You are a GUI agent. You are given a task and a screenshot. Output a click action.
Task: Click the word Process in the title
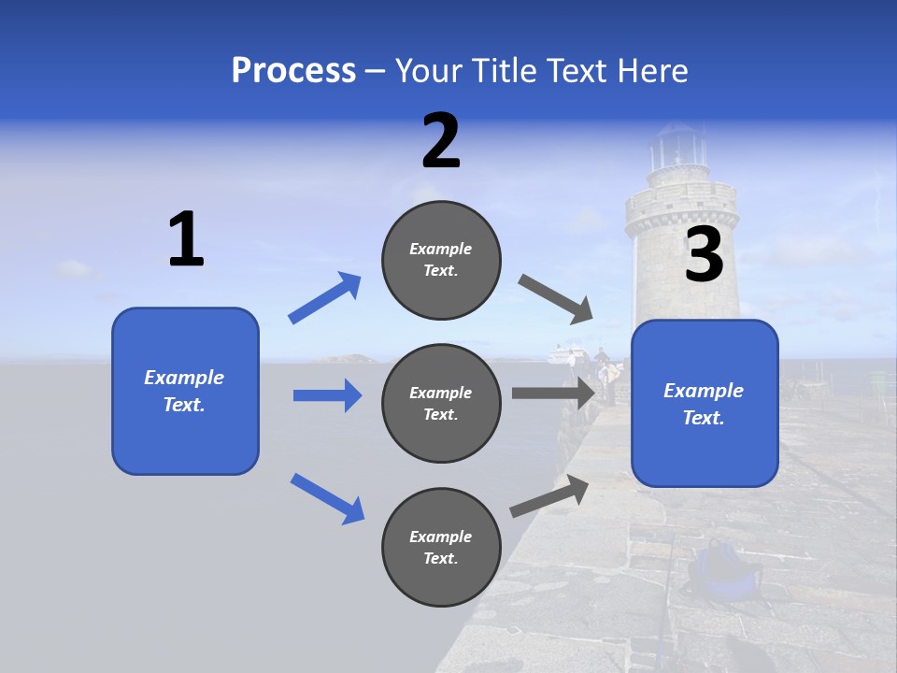click(293, 71)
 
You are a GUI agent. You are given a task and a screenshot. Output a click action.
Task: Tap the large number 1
click(186, 240)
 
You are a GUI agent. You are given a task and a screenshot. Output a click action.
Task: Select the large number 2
click(441, 141)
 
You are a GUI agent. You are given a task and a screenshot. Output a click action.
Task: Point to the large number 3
click(704, 255)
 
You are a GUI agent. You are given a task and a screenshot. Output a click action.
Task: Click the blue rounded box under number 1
click(185, 391)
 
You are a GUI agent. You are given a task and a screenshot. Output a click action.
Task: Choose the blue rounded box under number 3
click(705, 403)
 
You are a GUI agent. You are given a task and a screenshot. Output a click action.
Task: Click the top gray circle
click(441, 260)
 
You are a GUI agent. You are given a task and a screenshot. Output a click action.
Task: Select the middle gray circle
click(441, 403)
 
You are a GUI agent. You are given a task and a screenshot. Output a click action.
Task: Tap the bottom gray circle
click(441, 547)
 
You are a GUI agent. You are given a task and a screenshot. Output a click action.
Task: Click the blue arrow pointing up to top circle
click(325, 298)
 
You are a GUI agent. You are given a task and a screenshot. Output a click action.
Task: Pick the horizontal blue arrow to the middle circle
click(327, 395)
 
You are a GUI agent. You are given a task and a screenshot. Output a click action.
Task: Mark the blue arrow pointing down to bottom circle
click(327, 498)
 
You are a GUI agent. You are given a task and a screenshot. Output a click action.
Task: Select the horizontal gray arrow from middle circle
click(553, 393)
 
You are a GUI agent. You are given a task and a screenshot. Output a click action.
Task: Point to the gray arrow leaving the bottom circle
click(549, 496)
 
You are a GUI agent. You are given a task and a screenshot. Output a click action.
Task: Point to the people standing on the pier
click(605, 369)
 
